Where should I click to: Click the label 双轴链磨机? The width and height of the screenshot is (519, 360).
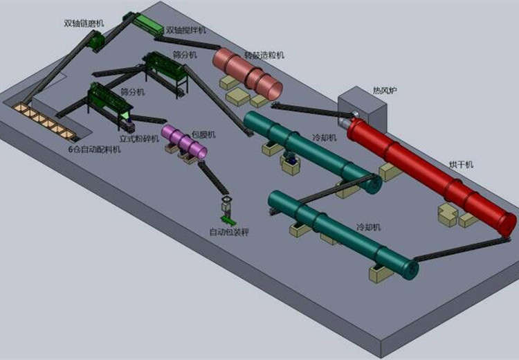point(84,23)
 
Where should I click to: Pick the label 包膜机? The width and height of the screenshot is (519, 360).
point(203,134)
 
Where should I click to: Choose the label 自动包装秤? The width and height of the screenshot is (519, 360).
point(229,232)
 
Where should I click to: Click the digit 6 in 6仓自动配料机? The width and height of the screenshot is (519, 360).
point(70,149)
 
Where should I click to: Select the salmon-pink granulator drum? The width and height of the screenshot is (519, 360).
point(247,72)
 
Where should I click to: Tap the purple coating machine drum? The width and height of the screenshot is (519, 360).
point(184,141)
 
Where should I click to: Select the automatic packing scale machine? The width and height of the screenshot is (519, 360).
point(227,211)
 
